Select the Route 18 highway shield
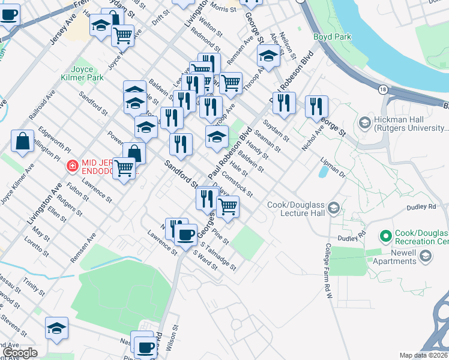383,89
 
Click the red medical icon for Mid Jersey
73,164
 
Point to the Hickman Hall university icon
364,122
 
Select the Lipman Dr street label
335,166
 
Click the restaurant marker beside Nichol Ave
316,106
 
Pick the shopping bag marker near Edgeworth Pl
22,142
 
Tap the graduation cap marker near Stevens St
56,328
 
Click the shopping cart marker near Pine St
228,206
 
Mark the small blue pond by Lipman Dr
324,172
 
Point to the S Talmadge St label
220,256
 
